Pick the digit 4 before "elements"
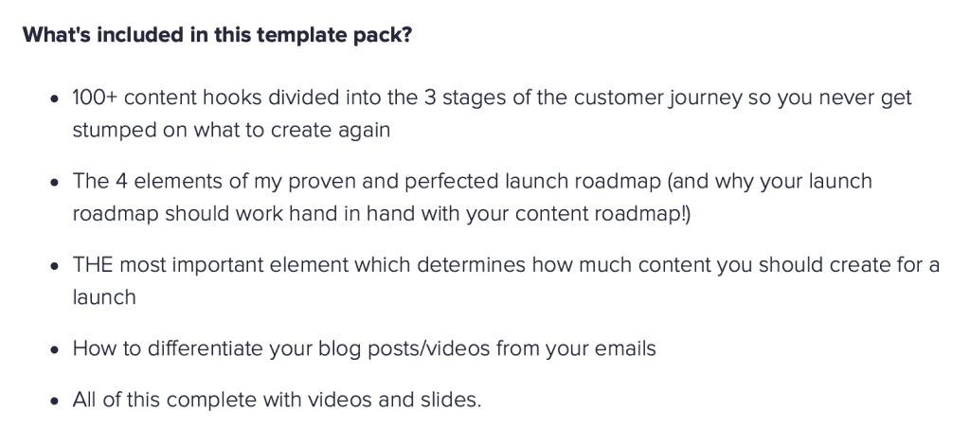(121, 181)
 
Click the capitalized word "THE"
(93, 265)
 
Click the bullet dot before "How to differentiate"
(56, 349)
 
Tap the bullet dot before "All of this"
(56, 401)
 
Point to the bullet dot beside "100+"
(56, 99)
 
